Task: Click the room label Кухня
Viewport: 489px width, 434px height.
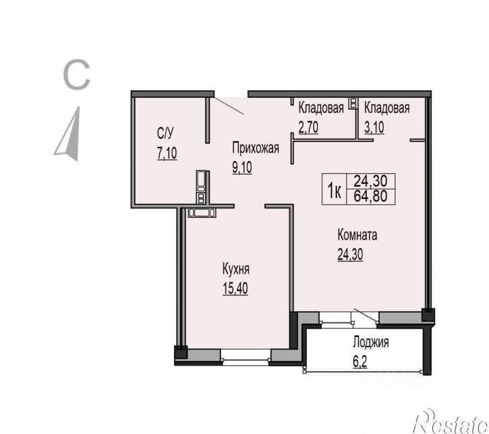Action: pos(236,269)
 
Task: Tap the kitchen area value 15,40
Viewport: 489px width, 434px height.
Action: pos(235,288)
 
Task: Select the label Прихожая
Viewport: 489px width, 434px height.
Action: pos(256,148)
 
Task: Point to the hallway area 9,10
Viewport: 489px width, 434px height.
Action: pos(242,168)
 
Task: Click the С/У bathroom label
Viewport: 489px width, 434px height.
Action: pos(165,133)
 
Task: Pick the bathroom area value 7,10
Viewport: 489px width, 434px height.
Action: pos(167,153)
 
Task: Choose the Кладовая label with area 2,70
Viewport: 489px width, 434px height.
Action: pos(321,108)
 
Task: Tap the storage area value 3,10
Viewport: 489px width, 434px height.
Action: pos(374,127)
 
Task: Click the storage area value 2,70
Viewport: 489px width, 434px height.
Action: pos(308,127)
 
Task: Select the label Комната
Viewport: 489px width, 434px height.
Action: pos(357,235)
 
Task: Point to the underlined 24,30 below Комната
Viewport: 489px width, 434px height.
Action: pos(350,254)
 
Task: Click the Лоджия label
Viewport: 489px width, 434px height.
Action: pos(371,342)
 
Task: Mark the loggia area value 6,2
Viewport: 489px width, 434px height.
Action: pos(360,362)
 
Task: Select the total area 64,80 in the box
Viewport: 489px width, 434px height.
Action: pos(371,196)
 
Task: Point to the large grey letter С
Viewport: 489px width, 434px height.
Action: pos(76,75)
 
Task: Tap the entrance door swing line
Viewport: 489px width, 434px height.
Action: pos(229,106)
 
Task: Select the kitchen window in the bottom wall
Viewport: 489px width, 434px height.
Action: pos(246,356)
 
